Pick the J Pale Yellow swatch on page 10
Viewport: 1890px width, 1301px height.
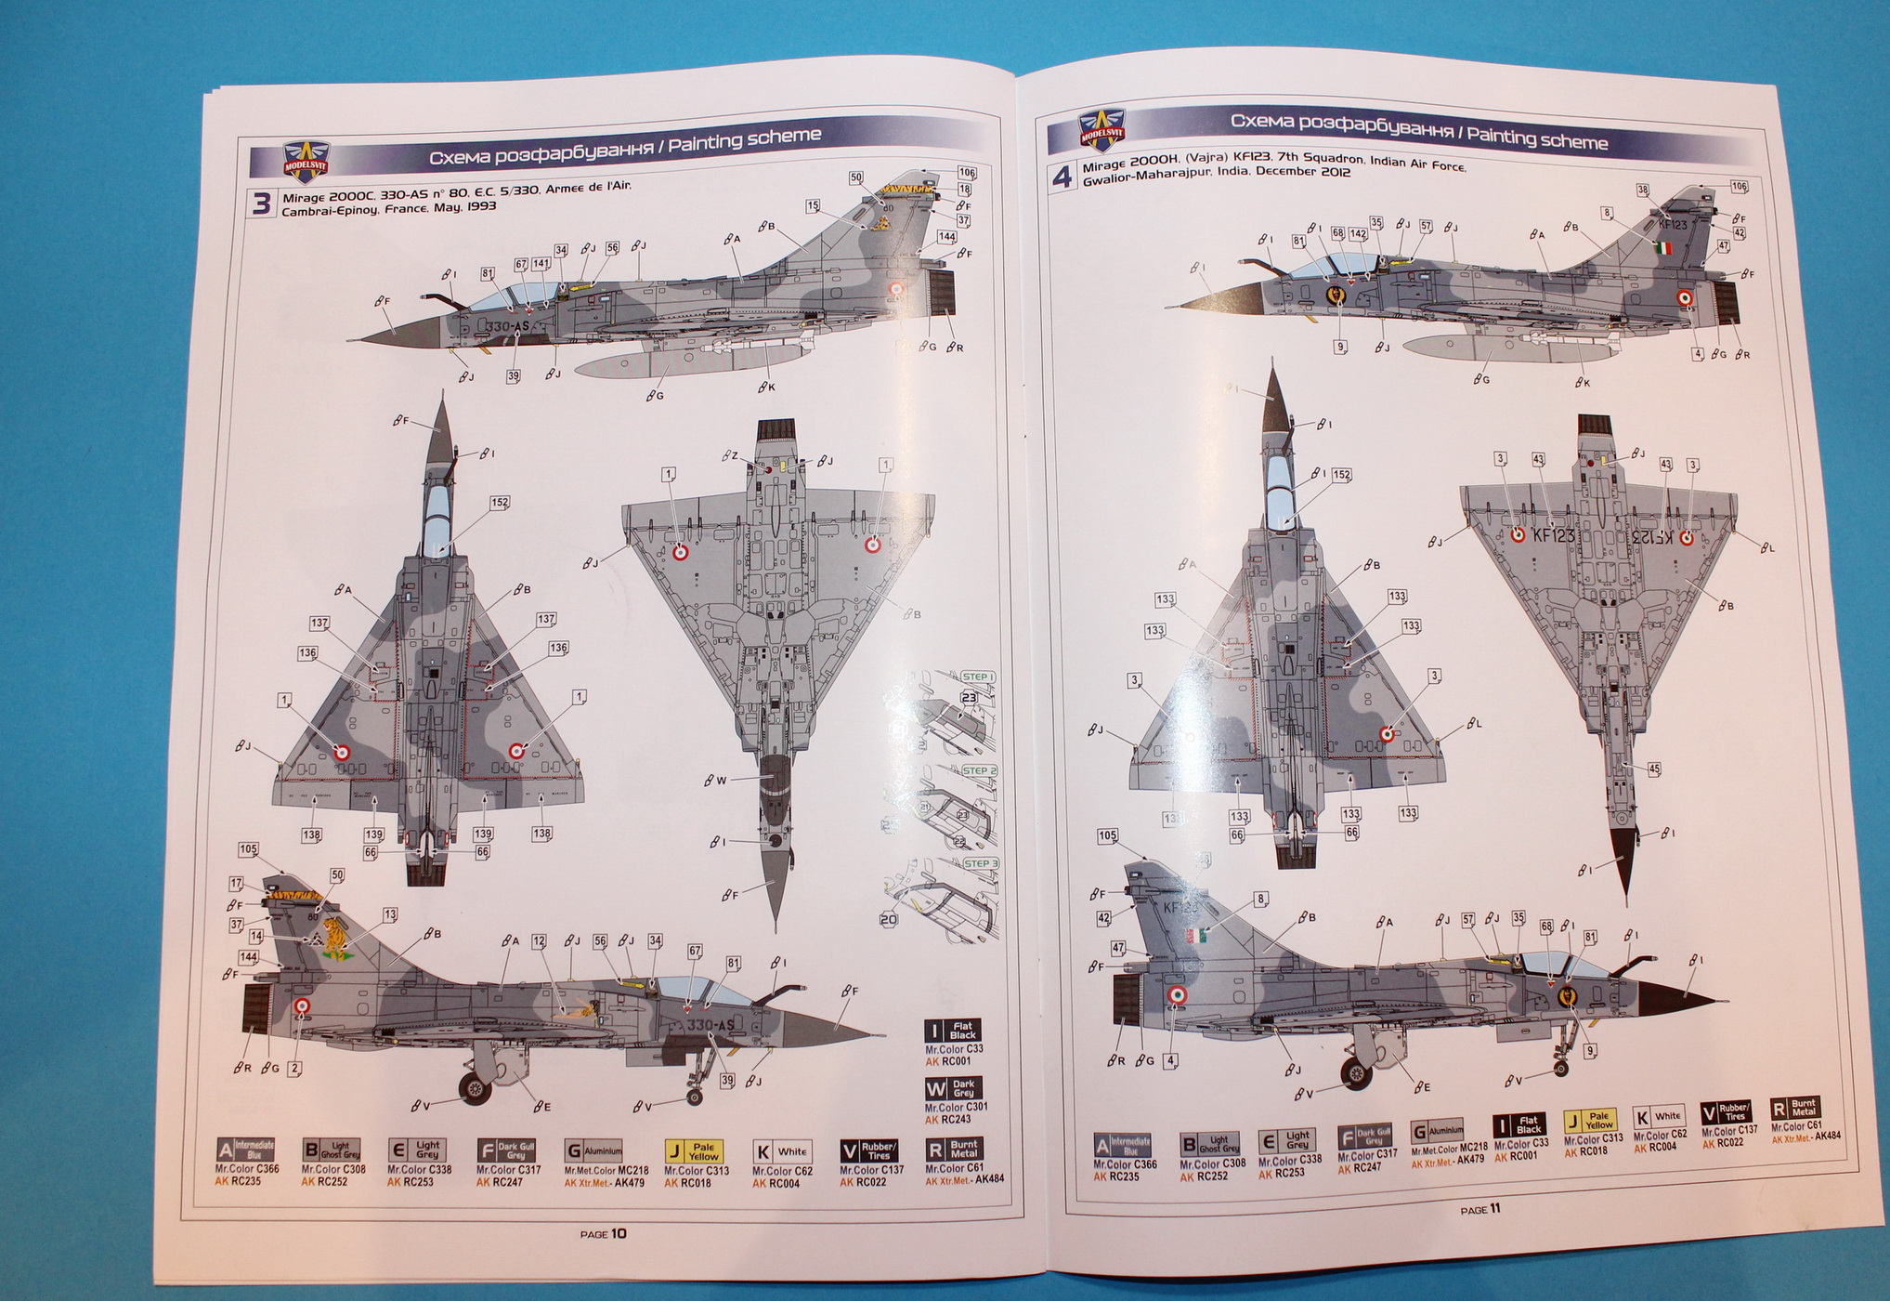(694, 1152)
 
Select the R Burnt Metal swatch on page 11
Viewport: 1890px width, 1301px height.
(1794, 1109)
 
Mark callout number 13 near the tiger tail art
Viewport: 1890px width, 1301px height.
(390, 915)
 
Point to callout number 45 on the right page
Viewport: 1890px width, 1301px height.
(1653, 769)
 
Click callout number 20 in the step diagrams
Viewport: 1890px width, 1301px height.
(889, 919)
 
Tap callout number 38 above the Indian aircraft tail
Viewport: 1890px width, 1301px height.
(1643, 190)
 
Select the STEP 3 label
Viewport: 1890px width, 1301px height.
(979, 863)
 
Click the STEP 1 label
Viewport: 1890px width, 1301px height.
(977, 677)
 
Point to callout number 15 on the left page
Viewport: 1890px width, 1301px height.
(813, 206)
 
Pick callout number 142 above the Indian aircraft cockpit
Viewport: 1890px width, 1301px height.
(1358, 234)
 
